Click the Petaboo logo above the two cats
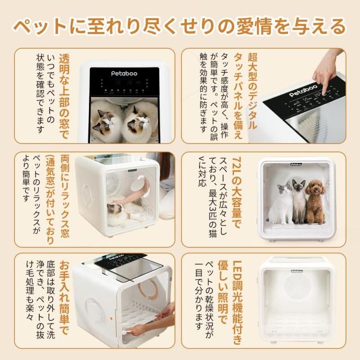124,74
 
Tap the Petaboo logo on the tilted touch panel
303,91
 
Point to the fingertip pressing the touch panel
324,92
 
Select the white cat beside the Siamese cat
281,204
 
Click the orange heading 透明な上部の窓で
64,96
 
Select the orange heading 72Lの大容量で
237,192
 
